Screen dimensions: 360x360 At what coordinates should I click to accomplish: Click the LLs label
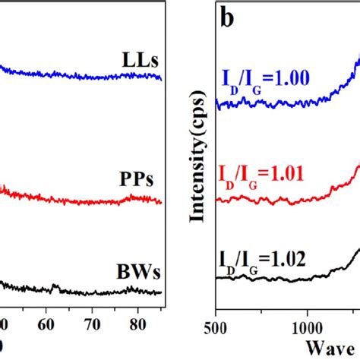[141, 59]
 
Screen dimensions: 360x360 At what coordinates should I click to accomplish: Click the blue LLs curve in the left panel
[76, 74]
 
